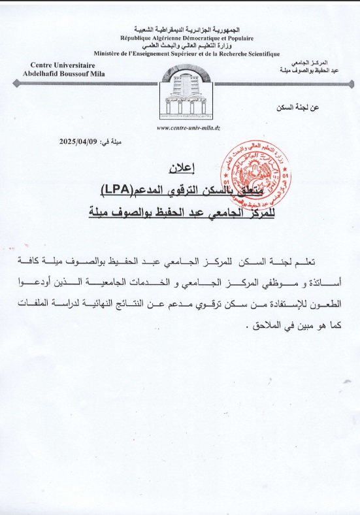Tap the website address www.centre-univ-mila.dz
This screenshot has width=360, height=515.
(x=188, y=128)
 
